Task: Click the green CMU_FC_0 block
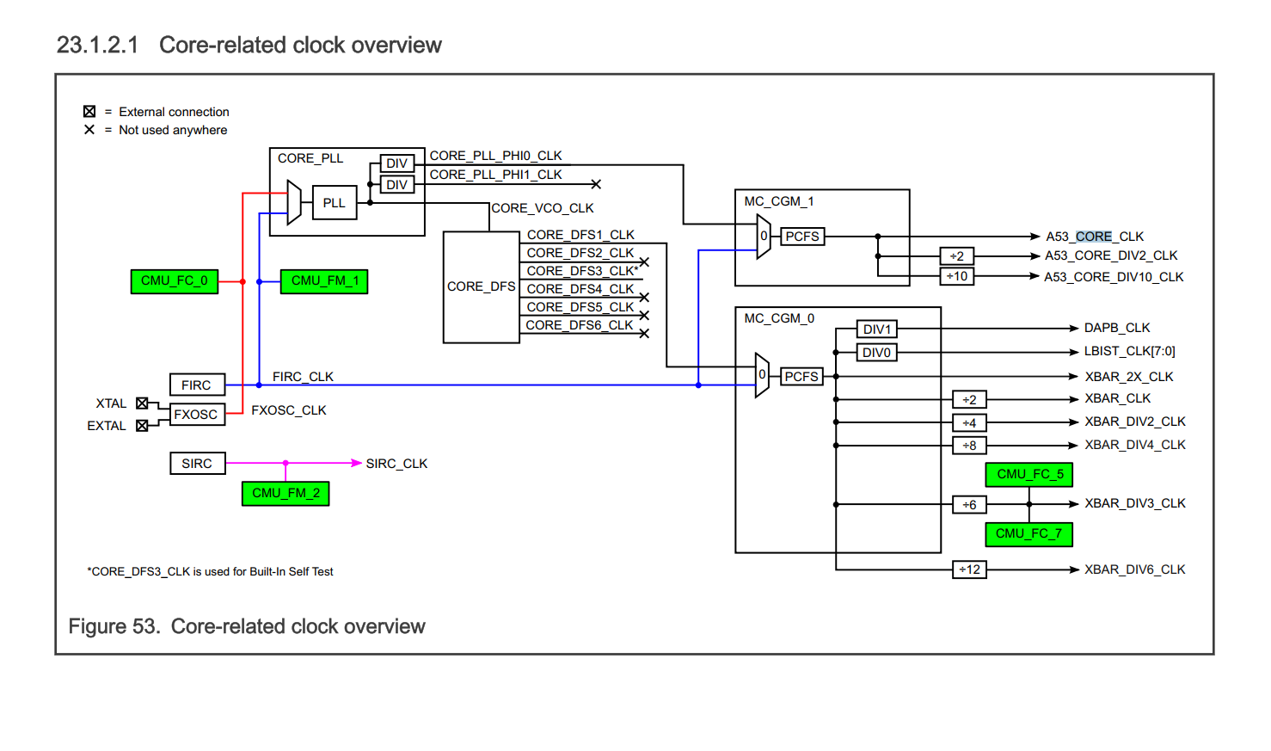coord(174,281)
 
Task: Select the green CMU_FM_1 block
coord(324,281)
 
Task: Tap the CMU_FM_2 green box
coord(286,494)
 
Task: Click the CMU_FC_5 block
coord(1029,474)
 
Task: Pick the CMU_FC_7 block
coord(1028,534)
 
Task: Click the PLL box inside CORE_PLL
coord(334,203)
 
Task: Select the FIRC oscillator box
coord(197,385)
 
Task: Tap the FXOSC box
coord(197,415)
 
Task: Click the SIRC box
coord(197,464)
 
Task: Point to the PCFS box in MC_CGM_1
coord(802,237)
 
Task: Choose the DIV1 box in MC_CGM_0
coord(876,329)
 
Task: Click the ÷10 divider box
coord(956,277)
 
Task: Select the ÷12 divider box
coord(969,569)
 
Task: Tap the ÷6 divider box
coord(969,505)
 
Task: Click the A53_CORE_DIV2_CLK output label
coord(1111,255)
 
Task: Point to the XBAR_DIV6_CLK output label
coord(1134,569)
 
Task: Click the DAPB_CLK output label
coord(1116,328)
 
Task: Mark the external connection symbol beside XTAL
coord(142,403)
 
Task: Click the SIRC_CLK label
coord(396,464)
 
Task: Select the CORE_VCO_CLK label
coord(542,208)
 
